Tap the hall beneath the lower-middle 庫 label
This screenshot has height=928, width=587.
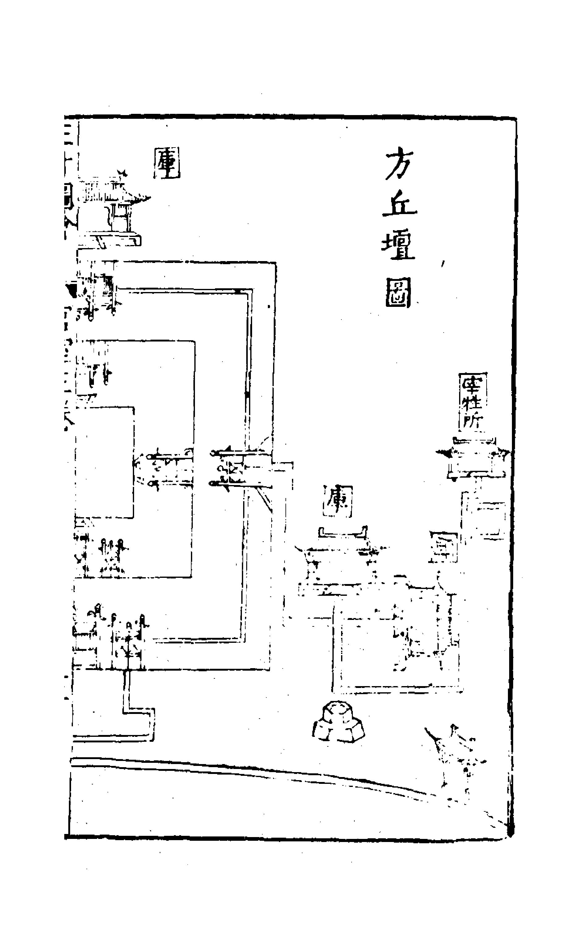[x=339, y=561]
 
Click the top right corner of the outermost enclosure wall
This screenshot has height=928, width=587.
[x=276, y=263]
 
